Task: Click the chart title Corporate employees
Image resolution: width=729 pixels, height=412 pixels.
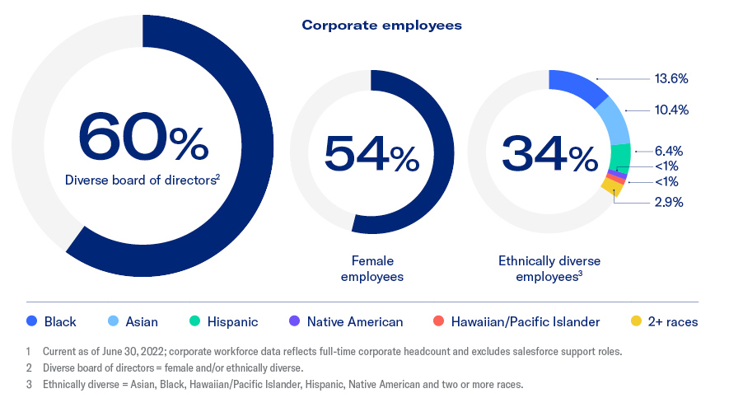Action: pos(381,25)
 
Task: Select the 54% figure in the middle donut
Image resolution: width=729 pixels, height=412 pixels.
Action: pos(372,153)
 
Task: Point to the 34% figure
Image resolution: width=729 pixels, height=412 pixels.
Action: pos(549,153)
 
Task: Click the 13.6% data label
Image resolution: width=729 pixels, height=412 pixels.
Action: pos(671,79)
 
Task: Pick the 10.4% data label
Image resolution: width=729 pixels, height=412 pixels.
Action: pos(671,110)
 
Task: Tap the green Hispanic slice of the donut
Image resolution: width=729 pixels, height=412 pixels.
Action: pos(622,156)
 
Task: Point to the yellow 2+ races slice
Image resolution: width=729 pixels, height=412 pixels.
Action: pos(610,187)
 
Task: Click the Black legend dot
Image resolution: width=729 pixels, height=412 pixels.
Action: pos(31,321)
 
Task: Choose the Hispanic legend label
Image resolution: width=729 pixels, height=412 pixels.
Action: pos(233,322)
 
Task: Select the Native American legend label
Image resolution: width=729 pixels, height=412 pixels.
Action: pos(355,322)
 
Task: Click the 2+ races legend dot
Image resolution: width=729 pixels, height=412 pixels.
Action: pos(635,321)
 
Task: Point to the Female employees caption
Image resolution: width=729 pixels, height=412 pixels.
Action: pos(372,269)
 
